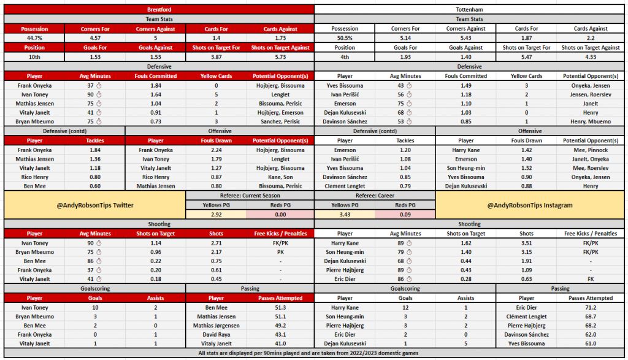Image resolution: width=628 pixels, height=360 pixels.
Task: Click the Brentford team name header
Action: [x=159, y=10]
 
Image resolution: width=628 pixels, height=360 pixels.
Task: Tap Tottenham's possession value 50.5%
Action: [x=345, y=38]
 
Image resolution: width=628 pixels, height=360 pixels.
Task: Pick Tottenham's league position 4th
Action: [x=345, y=56]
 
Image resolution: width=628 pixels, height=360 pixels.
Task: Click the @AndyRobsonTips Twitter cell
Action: [x=94, y=205]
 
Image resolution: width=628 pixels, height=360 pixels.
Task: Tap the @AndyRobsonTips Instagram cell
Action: [x=530, y=205]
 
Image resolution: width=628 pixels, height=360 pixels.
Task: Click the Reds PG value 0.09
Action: [x=405, y=214]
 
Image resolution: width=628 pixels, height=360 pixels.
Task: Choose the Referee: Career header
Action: [x=374, y=195]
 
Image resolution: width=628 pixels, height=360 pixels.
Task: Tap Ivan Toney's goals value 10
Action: [x=94, y=307]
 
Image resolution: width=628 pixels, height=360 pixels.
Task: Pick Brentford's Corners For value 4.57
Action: [x=94, y=38]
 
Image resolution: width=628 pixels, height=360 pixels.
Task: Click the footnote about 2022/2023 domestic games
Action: [x=314, y=353]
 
